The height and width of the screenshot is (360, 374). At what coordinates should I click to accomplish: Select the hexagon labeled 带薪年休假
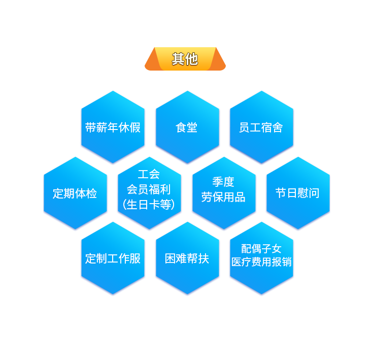pyautogui.click(x=113, y=127)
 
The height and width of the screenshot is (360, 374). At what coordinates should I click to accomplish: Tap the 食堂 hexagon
pyautogui.click(x=187, y=127)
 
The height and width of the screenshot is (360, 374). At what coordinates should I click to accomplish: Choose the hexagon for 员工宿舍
pyautogui.click(x=261, y=127)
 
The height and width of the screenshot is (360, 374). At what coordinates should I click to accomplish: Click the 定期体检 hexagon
pyautogui.click(x=75, y=193)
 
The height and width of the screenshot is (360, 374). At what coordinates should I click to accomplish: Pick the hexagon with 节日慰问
pyautogui.click(x=297, y=193)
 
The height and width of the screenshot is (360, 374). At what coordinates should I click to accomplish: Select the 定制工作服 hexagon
pyautogui.click(x=113, y=258)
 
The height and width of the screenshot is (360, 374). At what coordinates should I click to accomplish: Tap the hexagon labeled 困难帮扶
pyautogui.click(x=187, y=258)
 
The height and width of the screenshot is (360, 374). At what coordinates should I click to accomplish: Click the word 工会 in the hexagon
pyautogui.click(x=149, y=174)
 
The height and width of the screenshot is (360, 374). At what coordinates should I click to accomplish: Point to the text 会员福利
pyautogui.click(x=149, y=189)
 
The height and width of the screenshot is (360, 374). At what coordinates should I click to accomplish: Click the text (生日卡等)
pyautogui.click(x=149, y=204)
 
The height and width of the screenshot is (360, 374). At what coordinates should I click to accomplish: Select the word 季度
pyautogui.click(x=223, y=182)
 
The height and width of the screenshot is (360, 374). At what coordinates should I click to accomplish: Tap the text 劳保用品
pyautogui.click(x=223, y=197)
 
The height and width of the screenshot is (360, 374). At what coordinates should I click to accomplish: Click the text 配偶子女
pyautogui.click(x=261, y=248)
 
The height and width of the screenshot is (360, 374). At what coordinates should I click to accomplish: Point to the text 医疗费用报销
pyautogui.click(x=261, y=262)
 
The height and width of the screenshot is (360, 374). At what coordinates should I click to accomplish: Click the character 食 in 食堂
pyautogui.click(x=181, y=127)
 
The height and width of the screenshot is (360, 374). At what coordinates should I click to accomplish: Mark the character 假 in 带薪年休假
pyautogui.click(x=135, y=127)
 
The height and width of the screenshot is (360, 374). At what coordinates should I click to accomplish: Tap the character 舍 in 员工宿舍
pyautogui.click(x=278, y=127)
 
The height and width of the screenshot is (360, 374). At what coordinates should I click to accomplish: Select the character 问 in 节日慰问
pyautogui.click(x=314, y=193)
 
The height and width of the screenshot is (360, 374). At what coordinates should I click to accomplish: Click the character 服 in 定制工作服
pyautogui.click(x=135, y=258)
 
